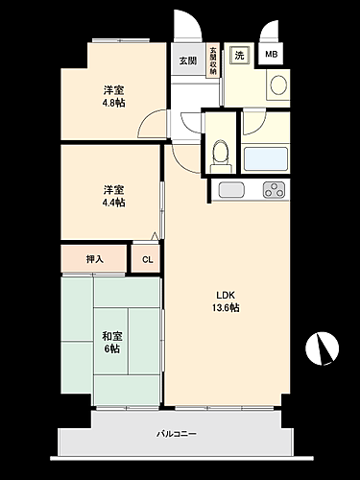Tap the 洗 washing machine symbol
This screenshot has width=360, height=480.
[x=240, y=55]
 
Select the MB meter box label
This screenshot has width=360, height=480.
[x=272, y=55]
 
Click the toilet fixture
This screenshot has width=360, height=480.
[x=220, y=151]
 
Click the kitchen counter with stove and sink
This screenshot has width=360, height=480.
[x=250, y=190]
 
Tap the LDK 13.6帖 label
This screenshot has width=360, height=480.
[x=227, y=301]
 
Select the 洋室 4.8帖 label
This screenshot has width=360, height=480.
[x=114, y=98]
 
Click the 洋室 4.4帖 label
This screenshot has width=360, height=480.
[x=114, y=196]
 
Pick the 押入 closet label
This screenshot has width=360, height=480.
[x=94, y=258]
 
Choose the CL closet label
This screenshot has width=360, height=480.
[x=147, y=259]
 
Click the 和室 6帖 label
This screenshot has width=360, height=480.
[x=111, y=343]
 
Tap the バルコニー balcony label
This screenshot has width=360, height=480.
[x=177, y=434]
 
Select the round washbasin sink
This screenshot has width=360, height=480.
[x=277, y=85]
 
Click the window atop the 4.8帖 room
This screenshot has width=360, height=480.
[x=120, y=40]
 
